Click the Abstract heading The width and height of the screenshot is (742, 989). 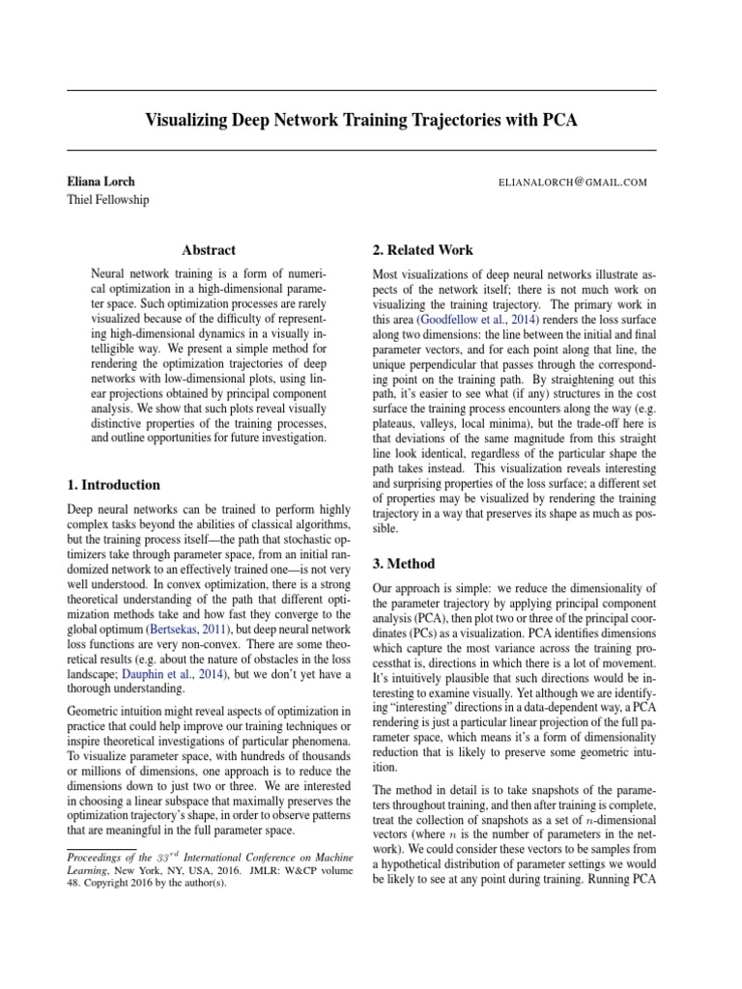click(209, 250)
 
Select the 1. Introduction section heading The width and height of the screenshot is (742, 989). click(113, 485)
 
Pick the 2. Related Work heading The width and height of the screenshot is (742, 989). click(422, 250)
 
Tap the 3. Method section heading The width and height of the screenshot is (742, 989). click(404, 563)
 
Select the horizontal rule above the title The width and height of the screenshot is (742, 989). click(361, 90)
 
